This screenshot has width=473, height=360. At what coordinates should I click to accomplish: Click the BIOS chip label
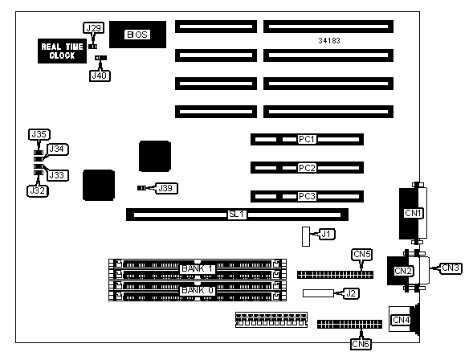(x=137, y=35)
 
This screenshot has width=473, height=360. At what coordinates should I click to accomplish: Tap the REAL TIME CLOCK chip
(x=62, y=51)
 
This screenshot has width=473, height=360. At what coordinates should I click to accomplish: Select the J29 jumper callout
(x=93, y=28)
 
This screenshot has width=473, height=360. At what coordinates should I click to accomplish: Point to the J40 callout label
(x=100, y=76)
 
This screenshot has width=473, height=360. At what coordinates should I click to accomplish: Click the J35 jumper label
(x=39, y=134)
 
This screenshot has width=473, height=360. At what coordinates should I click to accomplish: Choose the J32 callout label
(x=38, y=191)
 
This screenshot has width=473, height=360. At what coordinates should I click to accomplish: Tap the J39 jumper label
(x=165, y=188)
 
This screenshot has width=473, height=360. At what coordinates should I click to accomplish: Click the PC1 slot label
(x=307, y=139)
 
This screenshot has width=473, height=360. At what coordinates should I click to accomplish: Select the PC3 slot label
(x=307, y=196)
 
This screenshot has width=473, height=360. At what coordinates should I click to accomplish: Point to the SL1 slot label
(x=238, y=215)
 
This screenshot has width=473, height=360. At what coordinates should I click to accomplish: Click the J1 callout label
(x=326, y=234)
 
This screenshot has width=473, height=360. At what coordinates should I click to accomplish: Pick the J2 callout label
(x=350, y=293)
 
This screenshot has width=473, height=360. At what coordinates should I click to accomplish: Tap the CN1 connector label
(x=413, y=213)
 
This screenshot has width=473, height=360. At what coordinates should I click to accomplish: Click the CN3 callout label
(x=451, y=268)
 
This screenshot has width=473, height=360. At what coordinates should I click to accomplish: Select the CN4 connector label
(x=402, y=320)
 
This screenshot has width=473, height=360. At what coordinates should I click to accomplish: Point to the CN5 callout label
(x=362, y=255)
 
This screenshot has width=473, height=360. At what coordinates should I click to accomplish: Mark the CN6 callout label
(x=361, y=344)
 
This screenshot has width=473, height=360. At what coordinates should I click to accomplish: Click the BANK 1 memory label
(x=198, y=269)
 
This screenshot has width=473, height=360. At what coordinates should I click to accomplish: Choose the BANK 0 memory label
(x=198, y=291)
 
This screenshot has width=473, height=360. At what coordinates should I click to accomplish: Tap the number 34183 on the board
(x=329, y=41)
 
